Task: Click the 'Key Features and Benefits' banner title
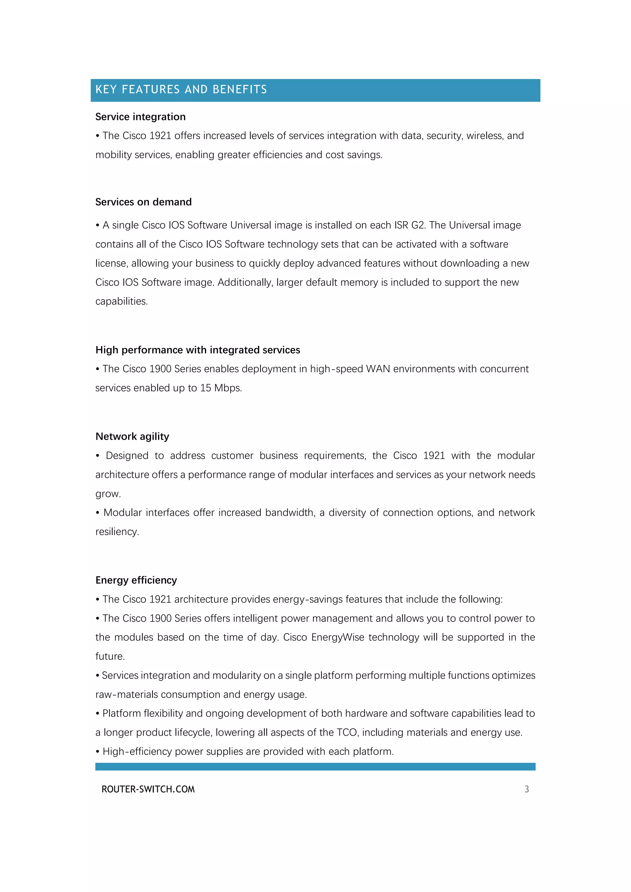coord(181,90)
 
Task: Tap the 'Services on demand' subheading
coord(143,202)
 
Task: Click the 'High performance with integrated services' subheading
coord(197,350)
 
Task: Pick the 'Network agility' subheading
coord(132,437)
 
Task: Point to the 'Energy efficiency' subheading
coord(136,580)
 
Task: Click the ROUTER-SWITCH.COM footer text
coord(148,789)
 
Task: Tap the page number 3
coord(527,789)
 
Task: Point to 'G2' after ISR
coord(418,225)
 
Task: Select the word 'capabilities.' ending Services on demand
coord(122,301)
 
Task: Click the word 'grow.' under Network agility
coord(108,494)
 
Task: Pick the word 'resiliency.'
coord(117,532)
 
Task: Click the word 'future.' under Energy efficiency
coord(110,657)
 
